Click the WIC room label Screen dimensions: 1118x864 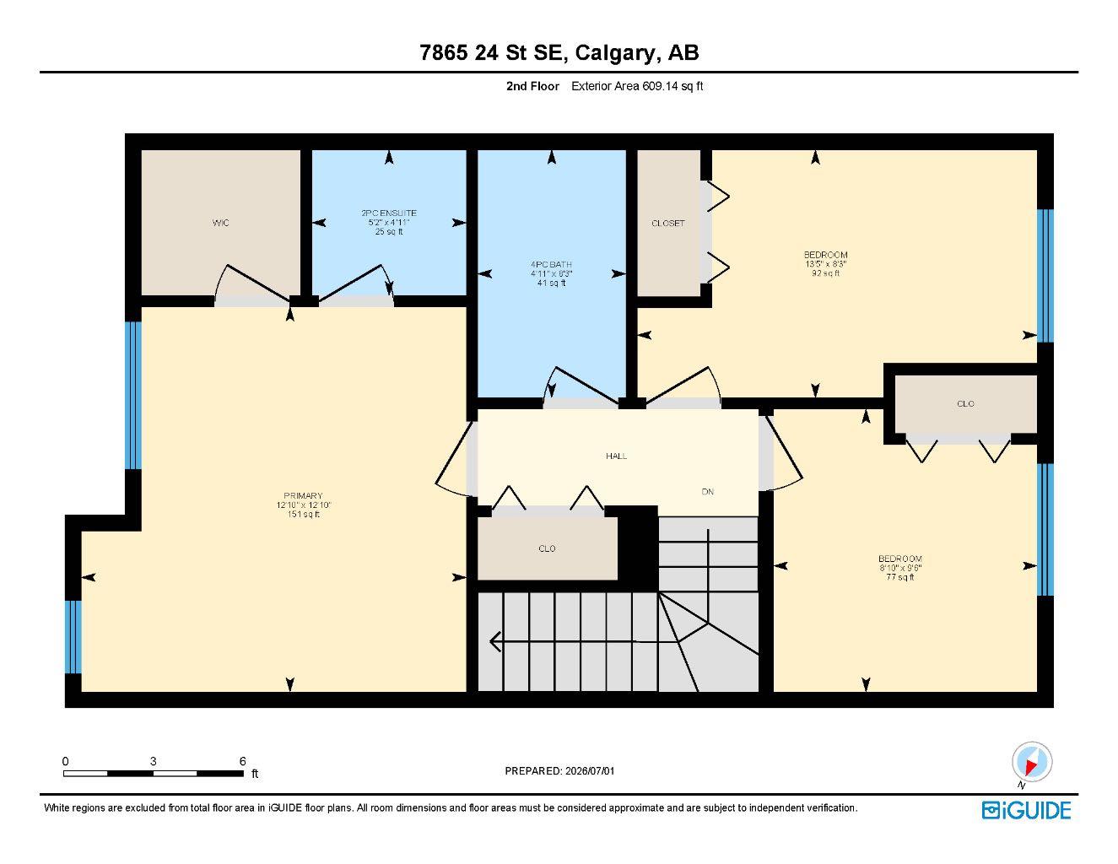221,223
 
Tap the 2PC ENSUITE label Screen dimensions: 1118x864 389,213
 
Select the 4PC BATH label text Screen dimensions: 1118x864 551,264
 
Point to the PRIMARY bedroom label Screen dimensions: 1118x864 303,496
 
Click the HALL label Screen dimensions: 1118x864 616,456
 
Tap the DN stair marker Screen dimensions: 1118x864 708,492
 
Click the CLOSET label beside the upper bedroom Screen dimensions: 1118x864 667,224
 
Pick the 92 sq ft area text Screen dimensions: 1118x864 826,273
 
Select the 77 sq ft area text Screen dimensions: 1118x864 900,577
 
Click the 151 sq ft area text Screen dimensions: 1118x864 304,515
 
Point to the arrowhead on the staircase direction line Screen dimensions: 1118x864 495,641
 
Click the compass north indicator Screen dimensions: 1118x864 1032,763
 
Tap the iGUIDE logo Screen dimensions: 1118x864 1026,811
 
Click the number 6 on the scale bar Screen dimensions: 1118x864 242,761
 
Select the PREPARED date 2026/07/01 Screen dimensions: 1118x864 590,771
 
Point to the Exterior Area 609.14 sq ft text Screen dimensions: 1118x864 637,86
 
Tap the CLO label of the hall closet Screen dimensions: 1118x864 547,548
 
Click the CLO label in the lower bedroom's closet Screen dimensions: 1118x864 966,403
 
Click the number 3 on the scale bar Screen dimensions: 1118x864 154,761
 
